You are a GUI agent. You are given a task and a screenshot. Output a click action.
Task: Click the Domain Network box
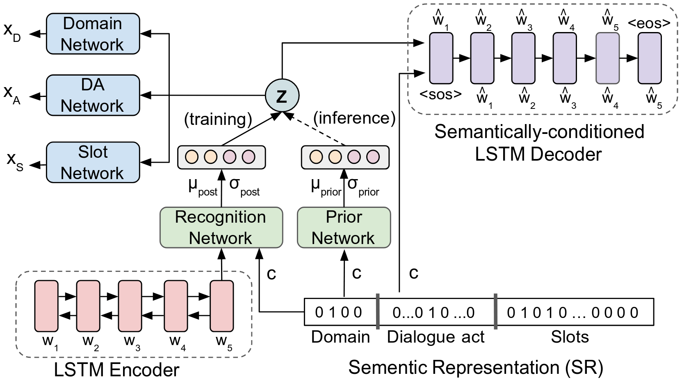point(93,34)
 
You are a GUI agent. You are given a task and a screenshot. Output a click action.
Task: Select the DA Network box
point(93,95)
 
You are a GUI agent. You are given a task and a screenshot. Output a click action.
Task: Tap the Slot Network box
point(93,163)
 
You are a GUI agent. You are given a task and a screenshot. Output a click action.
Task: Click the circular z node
point(282,96)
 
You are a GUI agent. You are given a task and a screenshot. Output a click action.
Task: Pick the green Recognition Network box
point(221,228)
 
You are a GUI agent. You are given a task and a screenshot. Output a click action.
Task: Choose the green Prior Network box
point(344,228)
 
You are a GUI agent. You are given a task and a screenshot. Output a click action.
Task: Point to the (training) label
point(218,119)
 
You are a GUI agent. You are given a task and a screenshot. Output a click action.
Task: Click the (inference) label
point(354,118)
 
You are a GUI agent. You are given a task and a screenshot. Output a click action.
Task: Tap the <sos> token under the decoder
point(440,95)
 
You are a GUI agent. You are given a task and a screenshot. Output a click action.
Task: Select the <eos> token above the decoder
point(649,23)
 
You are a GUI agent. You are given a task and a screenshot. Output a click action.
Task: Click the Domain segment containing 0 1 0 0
point(340,312)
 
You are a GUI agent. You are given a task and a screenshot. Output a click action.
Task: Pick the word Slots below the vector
point(570,337)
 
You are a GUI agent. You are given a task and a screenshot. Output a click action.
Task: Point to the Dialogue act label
point(436,337)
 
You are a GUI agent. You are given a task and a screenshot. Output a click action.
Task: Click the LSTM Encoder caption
point(116,370)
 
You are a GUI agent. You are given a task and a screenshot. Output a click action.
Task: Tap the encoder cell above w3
point(130,306)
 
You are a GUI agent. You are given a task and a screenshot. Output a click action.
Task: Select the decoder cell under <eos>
point(650,58)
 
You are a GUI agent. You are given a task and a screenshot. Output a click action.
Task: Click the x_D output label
point(11,31)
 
